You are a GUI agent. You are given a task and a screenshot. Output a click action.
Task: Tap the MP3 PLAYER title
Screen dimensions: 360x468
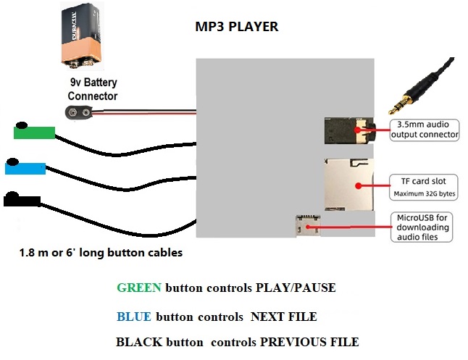[236, 28]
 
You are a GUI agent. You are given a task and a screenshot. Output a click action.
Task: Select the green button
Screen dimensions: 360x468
[34, 132]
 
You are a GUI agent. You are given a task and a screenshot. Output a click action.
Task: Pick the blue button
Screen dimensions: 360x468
[25, 168]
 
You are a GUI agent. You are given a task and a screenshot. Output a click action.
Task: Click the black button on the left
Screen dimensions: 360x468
[22, 198]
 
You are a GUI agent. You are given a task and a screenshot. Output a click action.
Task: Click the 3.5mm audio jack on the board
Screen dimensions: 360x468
[346, 131]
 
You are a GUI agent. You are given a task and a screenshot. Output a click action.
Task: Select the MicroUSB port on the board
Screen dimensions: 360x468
[306, 227]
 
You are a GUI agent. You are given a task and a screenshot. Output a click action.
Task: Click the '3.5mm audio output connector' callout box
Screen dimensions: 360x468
[425, 129]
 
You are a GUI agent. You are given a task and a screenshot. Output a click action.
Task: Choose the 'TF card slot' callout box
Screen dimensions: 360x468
[421, 187]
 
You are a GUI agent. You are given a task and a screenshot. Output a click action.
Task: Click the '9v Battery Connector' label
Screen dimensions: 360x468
[93, 91]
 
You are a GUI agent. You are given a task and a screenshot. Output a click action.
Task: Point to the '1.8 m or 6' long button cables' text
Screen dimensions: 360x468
[101, 254]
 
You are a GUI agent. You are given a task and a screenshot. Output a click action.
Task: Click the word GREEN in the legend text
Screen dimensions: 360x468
[139, 288]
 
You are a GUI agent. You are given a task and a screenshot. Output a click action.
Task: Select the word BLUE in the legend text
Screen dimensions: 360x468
[133, 317]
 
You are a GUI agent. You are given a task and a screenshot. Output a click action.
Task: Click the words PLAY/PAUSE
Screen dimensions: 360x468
[296, 288]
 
